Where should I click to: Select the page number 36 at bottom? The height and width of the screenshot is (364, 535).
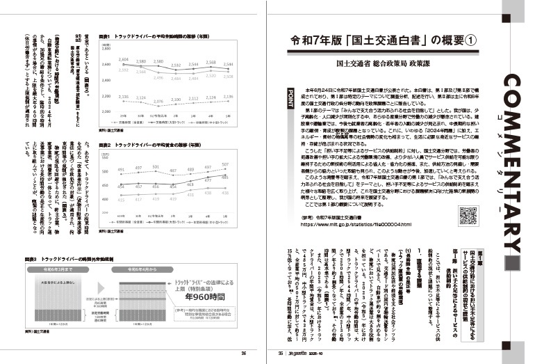[244, 352]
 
